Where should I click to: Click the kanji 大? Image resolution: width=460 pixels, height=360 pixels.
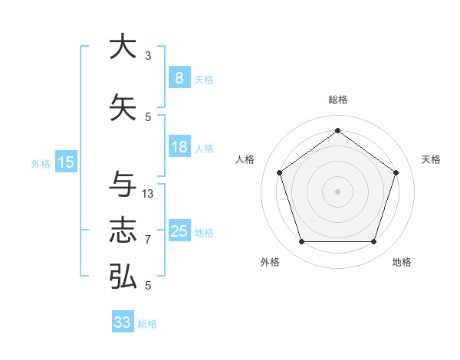click(123, 47)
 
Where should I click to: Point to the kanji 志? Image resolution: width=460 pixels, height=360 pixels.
click(123, 231)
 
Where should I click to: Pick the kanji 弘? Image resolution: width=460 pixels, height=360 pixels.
click(123, 276)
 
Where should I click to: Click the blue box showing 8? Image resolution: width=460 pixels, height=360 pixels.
click(179, 78)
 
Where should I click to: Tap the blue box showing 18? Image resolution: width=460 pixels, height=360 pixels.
click(179, 147)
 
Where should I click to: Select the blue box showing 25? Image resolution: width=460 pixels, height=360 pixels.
click(179, 231)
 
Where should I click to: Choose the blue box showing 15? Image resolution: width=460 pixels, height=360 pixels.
click(66, 162)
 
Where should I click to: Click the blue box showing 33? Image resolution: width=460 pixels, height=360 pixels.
click(122, 322)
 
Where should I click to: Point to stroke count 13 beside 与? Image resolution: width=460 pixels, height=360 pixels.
click(148, 193)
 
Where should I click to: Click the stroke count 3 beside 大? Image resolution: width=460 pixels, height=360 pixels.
click(148, 56)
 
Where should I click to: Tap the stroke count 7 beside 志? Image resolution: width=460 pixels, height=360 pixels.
click(148, 240)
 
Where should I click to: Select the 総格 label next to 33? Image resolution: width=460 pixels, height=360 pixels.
click(147, 324)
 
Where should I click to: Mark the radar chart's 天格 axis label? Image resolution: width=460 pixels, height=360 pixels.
click(432, 159)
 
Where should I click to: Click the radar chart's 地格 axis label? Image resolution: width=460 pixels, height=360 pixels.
click(402, 262)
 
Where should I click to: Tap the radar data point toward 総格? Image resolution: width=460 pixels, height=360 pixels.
click(337, 130)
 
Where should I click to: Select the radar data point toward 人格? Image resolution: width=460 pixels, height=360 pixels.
click(279, 172)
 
